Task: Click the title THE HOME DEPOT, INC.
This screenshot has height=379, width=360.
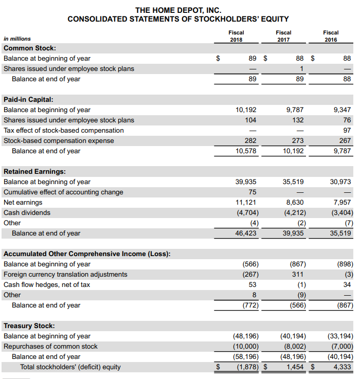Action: (x=178, y=10)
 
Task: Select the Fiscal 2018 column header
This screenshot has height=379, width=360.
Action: (x=236, y=36)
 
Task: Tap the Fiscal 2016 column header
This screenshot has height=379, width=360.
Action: (x=331, y=36)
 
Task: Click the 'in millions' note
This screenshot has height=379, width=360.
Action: (x=17, y=39)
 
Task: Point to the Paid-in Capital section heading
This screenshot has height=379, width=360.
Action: (x=28, y=99)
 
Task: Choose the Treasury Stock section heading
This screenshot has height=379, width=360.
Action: (x=29, y=326)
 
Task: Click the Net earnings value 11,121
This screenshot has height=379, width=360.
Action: (x=246, y=202)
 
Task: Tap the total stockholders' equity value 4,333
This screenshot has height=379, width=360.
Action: (x=342, y=367)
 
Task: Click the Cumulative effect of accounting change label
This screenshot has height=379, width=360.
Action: (x=63, y=192)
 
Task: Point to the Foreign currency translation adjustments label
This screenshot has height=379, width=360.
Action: (x=65, y=274)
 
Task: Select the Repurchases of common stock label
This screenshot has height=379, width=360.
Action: (x=50, y=346)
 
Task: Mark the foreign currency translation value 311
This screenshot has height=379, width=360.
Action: (x=299, y=274)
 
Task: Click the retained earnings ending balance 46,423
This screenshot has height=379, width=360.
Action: (x=246, y=233)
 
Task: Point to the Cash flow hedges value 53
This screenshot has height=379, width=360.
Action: (x=252, y=284)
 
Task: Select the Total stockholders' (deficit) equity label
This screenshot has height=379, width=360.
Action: (x=70, y=367)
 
